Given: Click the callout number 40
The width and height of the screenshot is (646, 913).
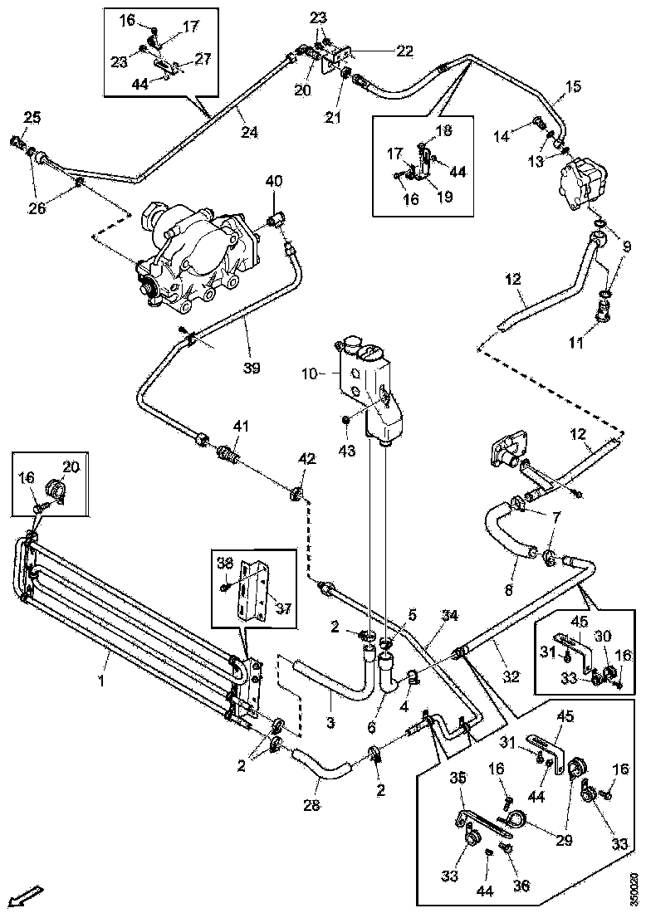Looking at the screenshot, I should click(274, 182).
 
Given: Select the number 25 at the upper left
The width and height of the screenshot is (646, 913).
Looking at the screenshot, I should click(31, 119).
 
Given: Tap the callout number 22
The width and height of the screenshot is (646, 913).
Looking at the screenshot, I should click(404, 51).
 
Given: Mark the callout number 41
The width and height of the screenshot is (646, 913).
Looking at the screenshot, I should click(240, 427).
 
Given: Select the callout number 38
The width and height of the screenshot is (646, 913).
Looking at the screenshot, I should click(225, 563).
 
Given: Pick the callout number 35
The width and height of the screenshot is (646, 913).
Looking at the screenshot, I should click(458, 778).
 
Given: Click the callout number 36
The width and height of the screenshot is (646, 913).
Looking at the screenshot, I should click(521, 885).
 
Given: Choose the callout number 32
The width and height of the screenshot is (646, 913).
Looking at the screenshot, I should click(511, 676).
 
